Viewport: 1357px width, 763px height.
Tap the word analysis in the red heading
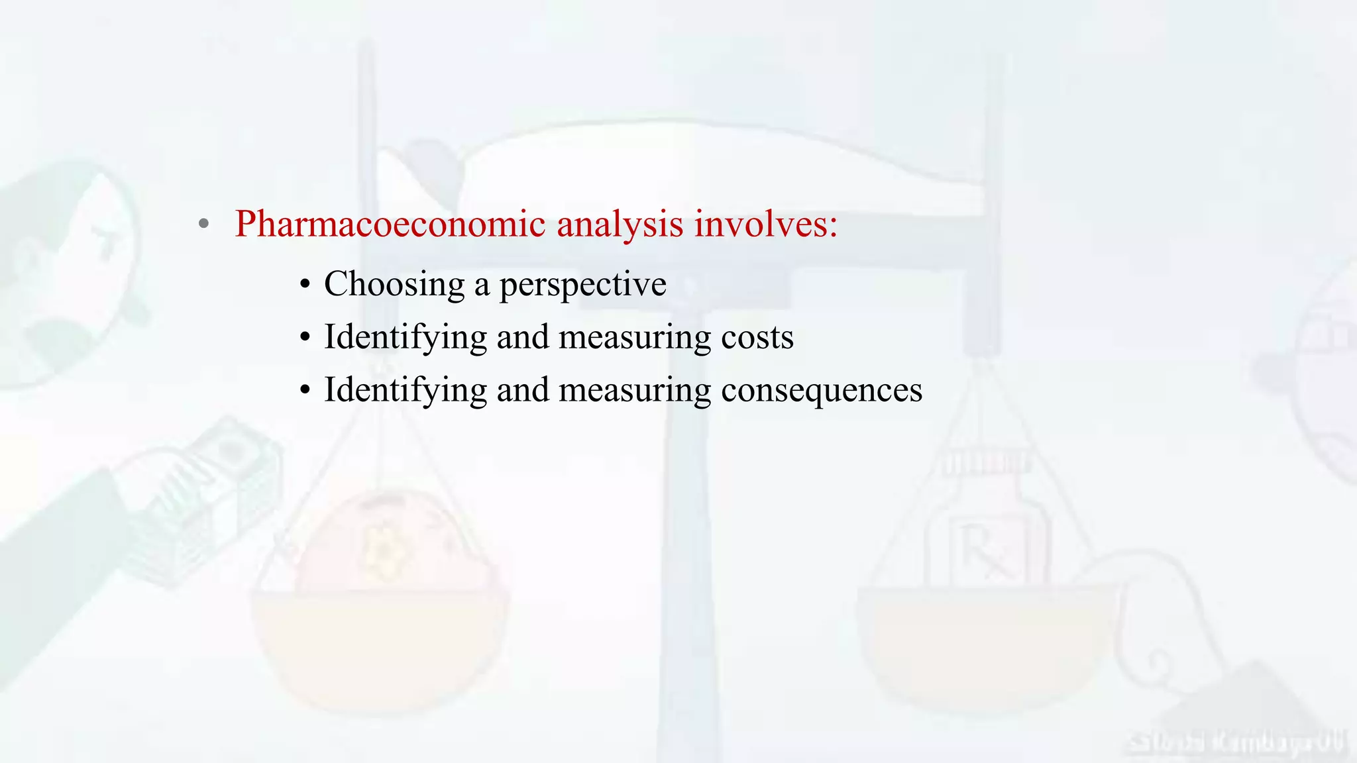click(620, 224)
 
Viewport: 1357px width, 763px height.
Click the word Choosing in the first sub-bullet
click(394, 285)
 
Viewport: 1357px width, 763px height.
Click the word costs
click(757, 337)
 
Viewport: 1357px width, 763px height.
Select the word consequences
click(821, 390)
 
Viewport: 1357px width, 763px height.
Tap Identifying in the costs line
click(405, 338)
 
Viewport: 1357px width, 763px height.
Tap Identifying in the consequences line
click(405, 391)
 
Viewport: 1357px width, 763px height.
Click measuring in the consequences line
click(635, 391)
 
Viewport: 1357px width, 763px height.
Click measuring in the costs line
click(635, 338)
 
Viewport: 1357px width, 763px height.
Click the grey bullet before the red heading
click(204, 224)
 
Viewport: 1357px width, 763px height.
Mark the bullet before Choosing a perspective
click(304, 285)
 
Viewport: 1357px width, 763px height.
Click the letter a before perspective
click(482, 286)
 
